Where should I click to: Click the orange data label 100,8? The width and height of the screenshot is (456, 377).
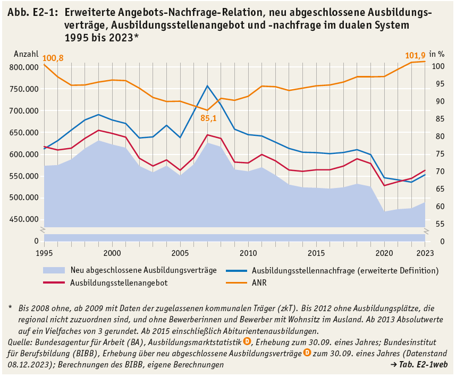tap(53, 58)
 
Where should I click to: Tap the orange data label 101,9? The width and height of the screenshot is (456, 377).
tap(416, 55)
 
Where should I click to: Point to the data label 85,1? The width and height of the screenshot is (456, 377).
tap(210, 118)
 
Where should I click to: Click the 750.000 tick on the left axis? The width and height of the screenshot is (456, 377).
tap(24, 89)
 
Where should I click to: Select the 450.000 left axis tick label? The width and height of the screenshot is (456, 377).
tap(24, 219)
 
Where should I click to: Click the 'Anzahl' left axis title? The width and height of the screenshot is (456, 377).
tap(26, 54)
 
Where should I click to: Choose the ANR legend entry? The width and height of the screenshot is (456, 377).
tap(259, 283)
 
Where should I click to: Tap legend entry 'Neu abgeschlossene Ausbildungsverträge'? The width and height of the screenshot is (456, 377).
tap(143, 270)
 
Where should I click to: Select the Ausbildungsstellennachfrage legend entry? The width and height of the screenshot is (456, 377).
tap(345, 270)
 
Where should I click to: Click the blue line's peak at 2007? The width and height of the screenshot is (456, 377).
tap(207, 85)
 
